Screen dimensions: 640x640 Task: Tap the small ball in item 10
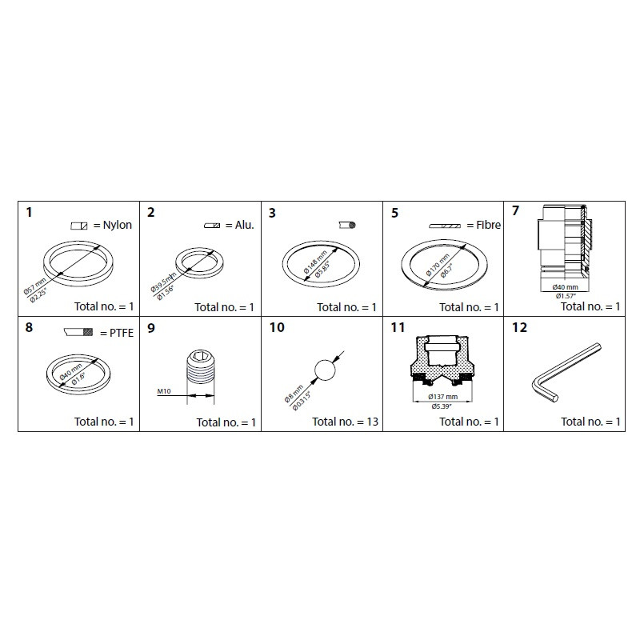pyautogui.click(x=324, y=370)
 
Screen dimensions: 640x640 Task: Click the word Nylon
pyautogui.click(x=117, y=225)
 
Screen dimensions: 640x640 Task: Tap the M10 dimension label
pyautogui.click(x=166, y=391)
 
